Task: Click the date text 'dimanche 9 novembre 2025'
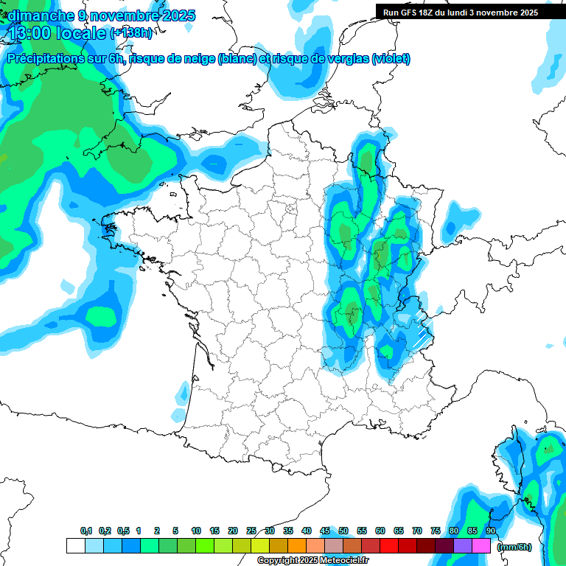click(x=102, y=15)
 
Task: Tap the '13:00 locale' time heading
click(x=57, y=33)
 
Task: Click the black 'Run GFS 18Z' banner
click(x=461, y=13)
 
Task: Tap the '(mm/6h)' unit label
click(x=514, y=546)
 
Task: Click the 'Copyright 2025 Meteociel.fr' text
click(x=312, y=561)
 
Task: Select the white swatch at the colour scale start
click(x=75, y=546)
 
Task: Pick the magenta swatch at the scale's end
click(x=482, y=546)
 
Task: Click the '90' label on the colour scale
click(x=491, y=531)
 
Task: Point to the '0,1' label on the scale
click(x=85, y=531)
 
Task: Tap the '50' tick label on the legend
click(x=343, y=531)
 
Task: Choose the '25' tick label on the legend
click(x=251, y=531)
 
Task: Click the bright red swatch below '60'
click(x=389, y=546)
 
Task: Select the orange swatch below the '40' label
click(x=297, y=546)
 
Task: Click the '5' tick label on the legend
click(x=175, y=531)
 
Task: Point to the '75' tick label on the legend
click(x=436, y=531)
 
